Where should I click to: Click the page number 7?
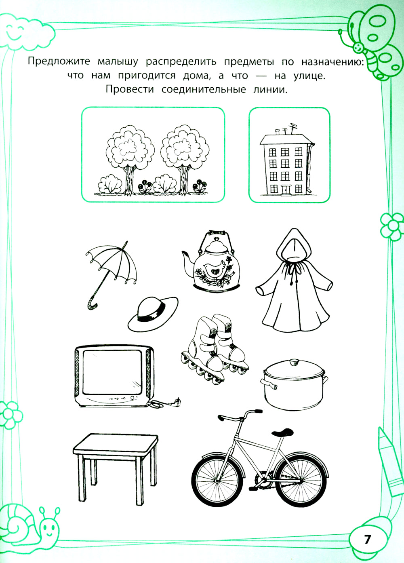pyautogui.click(x=367, y=538)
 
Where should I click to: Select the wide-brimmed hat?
pyautogui.click(x=153, y=314)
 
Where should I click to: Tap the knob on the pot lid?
pyautogui.click(x=293, y=362)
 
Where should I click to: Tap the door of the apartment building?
pyautogui.click(x=285, y=190)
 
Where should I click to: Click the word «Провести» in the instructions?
pyautogui.click(x=130, y=90)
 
